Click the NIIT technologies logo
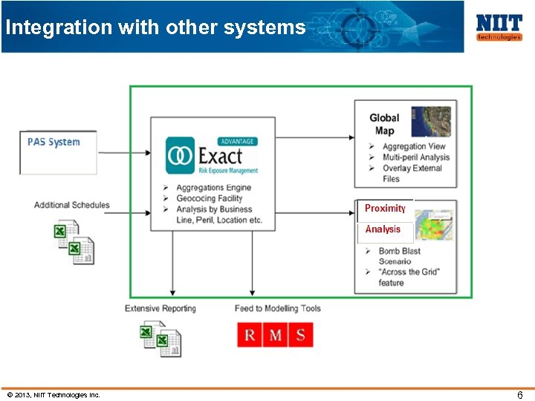coord(499,27)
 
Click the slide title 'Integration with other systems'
coord(155,28)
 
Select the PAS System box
coord(58,152)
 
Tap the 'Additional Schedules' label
coord(71,205)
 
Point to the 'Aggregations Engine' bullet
coord(213,188)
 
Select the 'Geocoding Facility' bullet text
coord(209,198)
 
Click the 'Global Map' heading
coord(384,124)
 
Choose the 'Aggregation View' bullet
coord(414,146)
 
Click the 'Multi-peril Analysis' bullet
coord(416,157)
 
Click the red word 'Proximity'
coord(385,209)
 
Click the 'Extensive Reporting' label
coord(160,308)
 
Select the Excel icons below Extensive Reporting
coord(161,339)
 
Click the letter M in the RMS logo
coord(275,336)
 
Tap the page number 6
coord(520,395)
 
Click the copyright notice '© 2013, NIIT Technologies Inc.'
coord(53,395)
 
